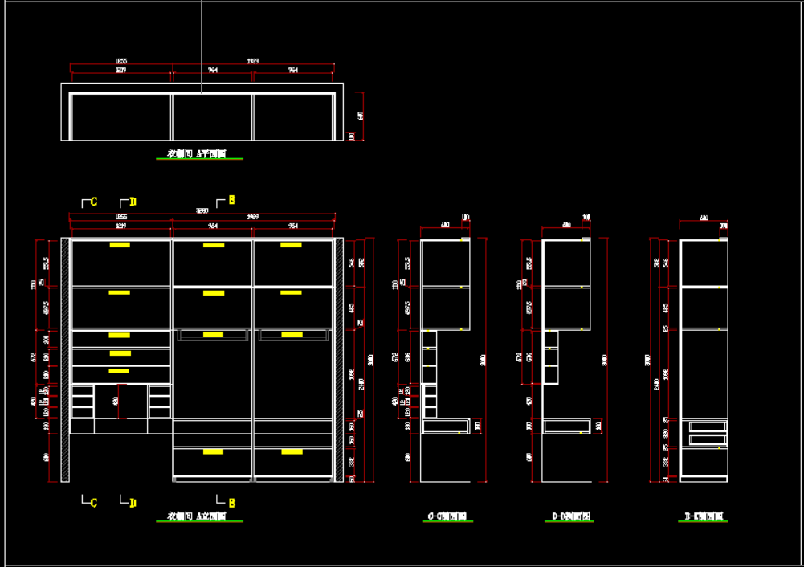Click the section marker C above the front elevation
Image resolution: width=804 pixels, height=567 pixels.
click(x=93, y=202)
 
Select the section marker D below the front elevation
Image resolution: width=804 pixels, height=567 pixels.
click(x=133, y=503)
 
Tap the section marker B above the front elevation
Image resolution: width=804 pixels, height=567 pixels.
click(x=231, y=200)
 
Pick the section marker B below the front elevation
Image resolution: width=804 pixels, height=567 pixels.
click(x=231, y=503)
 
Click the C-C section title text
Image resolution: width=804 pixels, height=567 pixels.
click(x=447, y=516)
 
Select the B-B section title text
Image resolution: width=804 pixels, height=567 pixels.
click(x=704, y=516)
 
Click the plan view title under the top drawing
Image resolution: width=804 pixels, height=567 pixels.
click(x=197, y=153)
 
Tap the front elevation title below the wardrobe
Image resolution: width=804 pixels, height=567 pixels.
click(x=197, y=516)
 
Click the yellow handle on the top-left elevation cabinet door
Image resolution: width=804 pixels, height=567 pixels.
click(x=120, y=245)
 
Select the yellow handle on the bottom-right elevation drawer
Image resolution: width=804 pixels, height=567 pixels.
click(x=292, y=451)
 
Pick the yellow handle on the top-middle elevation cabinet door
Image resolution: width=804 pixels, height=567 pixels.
click(x=214, y=245)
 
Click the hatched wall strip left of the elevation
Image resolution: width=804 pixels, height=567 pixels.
click(x=65, y=359)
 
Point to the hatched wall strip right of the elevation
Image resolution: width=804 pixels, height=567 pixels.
click(x=339, y=359)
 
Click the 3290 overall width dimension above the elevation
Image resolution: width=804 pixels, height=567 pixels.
click(x=202, y=211)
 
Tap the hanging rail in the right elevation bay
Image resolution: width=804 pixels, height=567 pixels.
click(x=293, y=334)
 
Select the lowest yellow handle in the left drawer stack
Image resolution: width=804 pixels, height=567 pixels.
click(x=119, y=371)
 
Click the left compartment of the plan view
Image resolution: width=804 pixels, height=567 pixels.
click(x=120, y=116)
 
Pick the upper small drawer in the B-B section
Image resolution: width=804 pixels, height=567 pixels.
click(x=707, y=427)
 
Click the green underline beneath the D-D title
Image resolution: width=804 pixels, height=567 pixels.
click(x=569, y=522)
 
